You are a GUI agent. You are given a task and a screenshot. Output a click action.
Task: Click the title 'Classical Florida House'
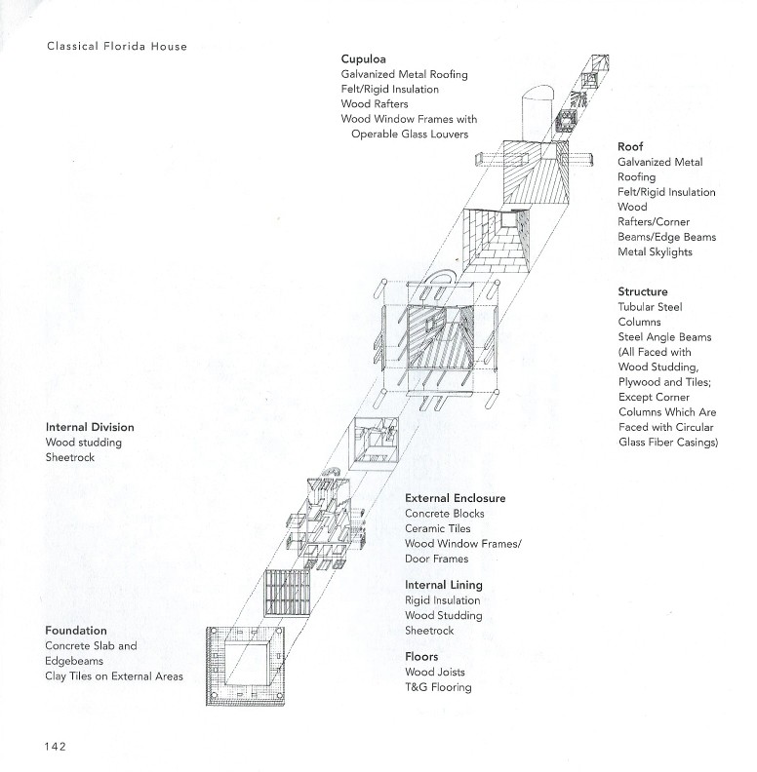click(x=117, y=46)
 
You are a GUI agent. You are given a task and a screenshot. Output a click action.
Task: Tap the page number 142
click(x=56, y=747)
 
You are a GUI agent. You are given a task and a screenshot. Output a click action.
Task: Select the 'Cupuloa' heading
click(x=363, y=59)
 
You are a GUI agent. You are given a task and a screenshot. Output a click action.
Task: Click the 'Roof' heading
click(x=630, y=147)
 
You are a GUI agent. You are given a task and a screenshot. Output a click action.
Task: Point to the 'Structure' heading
click(x=643, y=291)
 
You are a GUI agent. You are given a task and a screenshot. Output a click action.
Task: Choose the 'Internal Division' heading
click(x=90, y=427)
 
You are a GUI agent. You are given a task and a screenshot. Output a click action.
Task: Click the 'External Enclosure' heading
click(x=456, y=498)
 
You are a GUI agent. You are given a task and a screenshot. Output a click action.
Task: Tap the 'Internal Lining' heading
click(x=444, y=585)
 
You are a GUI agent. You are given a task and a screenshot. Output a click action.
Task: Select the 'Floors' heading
click(x=421, y=656)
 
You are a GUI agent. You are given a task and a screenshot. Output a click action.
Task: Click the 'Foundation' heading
click(x=76, y=631)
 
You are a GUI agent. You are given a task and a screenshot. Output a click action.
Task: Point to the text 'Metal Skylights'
click(x=655, y=252)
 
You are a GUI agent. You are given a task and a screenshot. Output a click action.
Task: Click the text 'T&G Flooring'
click(x=438, y=687)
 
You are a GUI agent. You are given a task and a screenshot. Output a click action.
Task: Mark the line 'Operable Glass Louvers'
click(x=410, y=134)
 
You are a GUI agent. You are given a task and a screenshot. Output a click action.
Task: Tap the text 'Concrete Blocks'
click(x=445, y=514)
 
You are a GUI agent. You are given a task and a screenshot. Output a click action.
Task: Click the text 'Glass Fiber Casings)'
click(x=668, y=443)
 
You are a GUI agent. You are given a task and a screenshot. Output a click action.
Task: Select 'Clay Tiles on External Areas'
click(x=114, y=676)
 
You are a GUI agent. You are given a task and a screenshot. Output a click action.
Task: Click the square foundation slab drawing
click(x=246, y=666)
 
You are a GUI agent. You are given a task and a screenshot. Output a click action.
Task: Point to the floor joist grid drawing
click(x=287, y=593)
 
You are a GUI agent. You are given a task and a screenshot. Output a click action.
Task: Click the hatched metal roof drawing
click(x=536, y=173)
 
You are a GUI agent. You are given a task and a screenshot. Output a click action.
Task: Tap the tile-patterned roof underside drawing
click(x=497, y=240)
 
